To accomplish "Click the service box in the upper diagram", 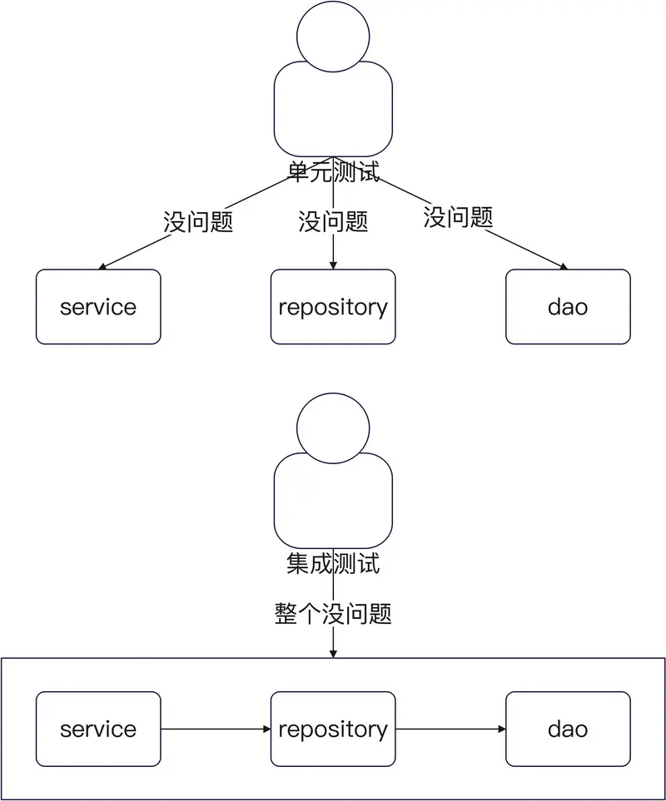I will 98,307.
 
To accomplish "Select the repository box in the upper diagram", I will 333,307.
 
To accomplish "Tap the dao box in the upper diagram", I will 568,307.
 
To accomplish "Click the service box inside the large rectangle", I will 98,729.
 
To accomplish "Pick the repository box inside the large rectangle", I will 333,729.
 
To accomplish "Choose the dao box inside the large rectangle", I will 568,729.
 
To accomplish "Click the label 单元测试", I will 333,173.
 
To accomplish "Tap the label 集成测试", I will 333,564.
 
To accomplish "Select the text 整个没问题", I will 333,615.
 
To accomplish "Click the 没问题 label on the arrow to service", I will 198,222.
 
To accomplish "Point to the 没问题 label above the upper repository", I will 333,222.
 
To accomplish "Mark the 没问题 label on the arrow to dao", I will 458,217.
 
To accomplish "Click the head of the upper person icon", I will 333,35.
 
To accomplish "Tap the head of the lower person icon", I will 333,426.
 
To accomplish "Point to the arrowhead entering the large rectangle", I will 333,654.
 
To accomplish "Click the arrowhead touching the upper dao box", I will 564,267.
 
